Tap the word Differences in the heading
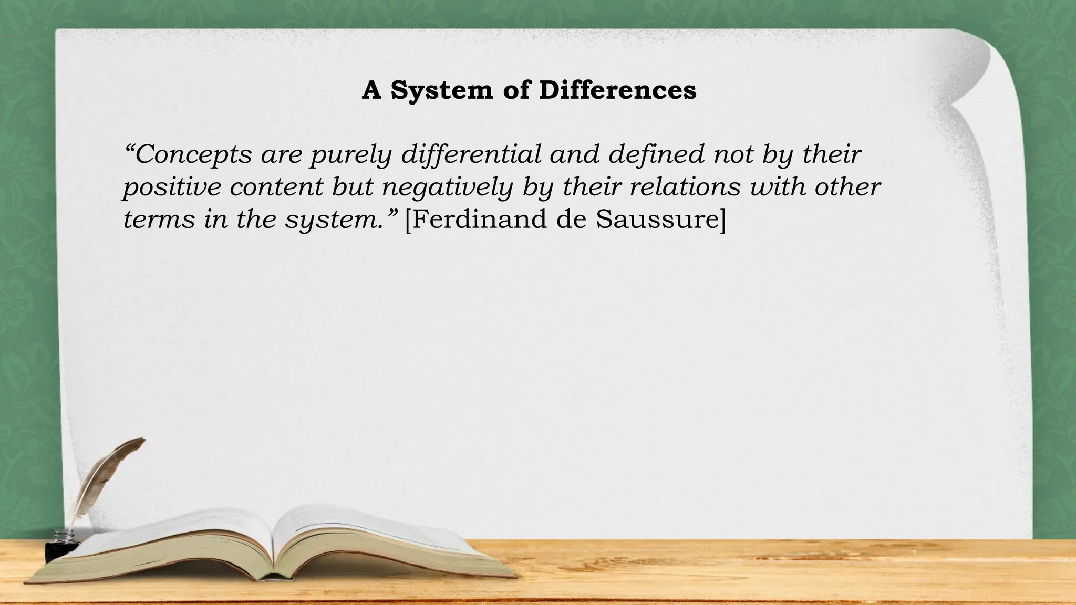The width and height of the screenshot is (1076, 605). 618,90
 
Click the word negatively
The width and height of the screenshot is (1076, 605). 447,187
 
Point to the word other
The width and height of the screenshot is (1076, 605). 847,187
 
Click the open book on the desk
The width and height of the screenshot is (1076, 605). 273,546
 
